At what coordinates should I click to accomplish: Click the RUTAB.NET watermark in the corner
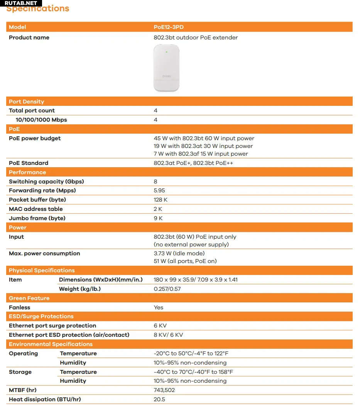pos(21,3)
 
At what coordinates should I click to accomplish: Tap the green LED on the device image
pos(166,51)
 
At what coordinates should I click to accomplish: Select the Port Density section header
pos(27,102)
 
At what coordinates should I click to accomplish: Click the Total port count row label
pos(32,110)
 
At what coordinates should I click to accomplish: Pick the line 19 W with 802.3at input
pos(203,146)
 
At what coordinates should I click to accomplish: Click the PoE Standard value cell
pos(193,163)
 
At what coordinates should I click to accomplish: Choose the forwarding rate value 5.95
pos(160,190)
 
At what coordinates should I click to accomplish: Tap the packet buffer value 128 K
pos(161,200)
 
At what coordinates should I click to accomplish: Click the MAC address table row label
pos(35,209)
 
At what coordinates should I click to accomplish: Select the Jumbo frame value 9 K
pos(158,218)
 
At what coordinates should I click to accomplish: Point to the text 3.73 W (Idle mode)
pos(179,253)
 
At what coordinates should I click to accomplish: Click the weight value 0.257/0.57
pos(167,289)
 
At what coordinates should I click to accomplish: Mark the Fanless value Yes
pos(159,307)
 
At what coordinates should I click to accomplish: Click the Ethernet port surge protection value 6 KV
pos(160,326)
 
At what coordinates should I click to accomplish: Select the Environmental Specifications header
pos(51,344)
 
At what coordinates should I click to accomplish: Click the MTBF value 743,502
pos(164,390)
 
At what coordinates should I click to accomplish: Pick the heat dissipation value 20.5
pos(159,399)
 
